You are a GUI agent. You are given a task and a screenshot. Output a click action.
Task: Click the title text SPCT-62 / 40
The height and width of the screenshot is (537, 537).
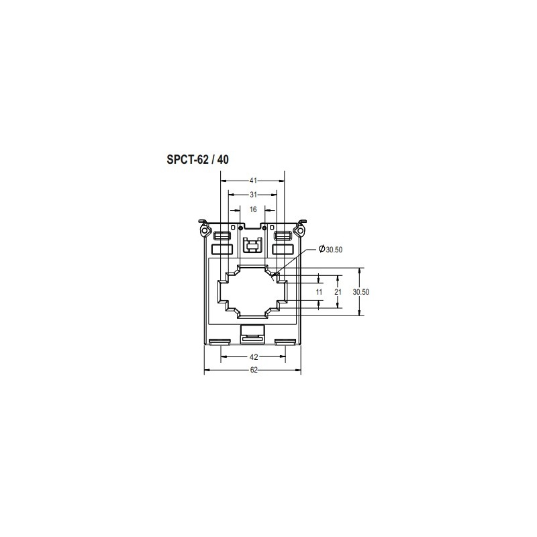[x=197, y=160]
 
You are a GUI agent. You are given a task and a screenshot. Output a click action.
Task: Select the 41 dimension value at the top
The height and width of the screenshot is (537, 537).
[x=253, y=181]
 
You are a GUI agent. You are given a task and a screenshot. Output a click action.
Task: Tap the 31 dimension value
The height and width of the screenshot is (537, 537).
[x=253, y=195]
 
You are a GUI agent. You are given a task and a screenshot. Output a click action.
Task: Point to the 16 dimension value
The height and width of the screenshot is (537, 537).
[x=253, y=209]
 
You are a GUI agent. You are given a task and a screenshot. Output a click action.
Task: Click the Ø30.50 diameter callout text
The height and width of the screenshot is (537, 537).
[x=330, y=249]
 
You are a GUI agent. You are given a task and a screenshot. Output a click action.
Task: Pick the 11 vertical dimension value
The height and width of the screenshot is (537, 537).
[x=320, y=292]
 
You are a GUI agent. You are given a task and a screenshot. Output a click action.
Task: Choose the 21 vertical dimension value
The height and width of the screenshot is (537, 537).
[x=338, y=292]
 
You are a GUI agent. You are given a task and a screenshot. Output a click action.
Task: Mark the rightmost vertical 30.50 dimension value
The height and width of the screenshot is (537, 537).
[x=361, y=292]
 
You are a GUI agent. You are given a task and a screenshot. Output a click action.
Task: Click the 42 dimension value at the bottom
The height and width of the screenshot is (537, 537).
[x=254, y=357]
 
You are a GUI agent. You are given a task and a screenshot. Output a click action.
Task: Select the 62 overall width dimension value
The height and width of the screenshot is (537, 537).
[x=254, y=370]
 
